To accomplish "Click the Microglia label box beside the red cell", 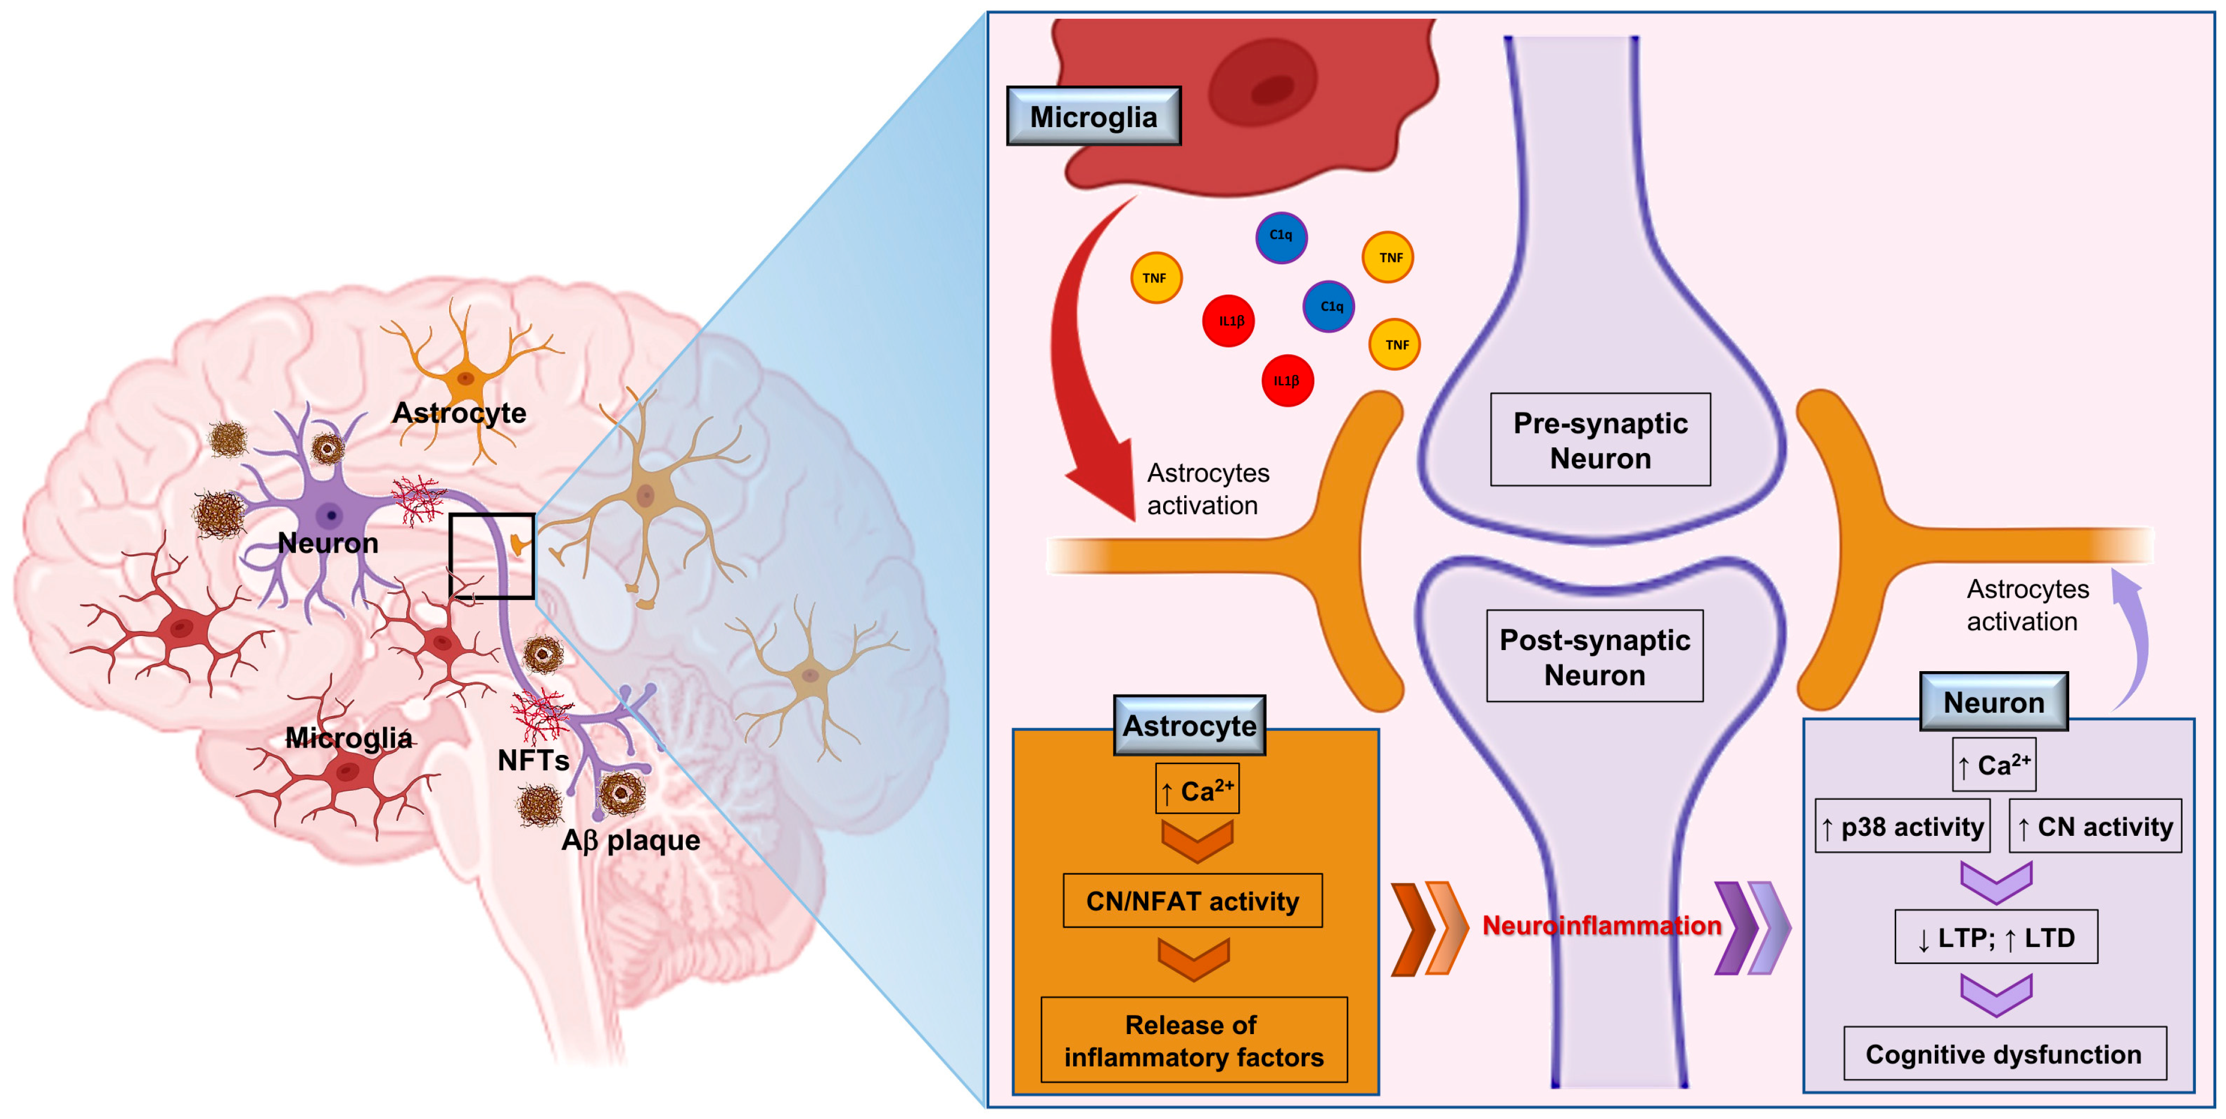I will pyautogui.click(x=1093, y=116).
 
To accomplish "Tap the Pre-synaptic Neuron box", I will pyautogui.click(x=1600, y=440).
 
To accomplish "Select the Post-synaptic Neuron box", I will pyautogui.click(x=1595, y=657).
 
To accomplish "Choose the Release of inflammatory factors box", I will pyautogui.click(x=1193, y=1040).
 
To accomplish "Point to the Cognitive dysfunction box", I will pyautogui.click(x=2004, y=1054).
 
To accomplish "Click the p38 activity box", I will pyautogui.click(x=1903, y=827).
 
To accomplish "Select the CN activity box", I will pyautogui.click(x=2095, y=827).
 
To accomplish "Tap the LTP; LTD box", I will pyautogui.click(x=1995, y=938).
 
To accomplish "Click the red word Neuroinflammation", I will pyautogui.click(x=1601, y=925).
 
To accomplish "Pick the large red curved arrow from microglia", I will pyautogui.click(x=1080, y=363).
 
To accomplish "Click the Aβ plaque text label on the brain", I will pyautogui.click(x=631, y=840).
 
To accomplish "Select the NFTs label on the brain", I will pyautogui.click(x=533, y=761).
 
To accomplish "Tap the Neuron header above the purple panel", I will pyautogui.click(x=1993, y=701).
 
